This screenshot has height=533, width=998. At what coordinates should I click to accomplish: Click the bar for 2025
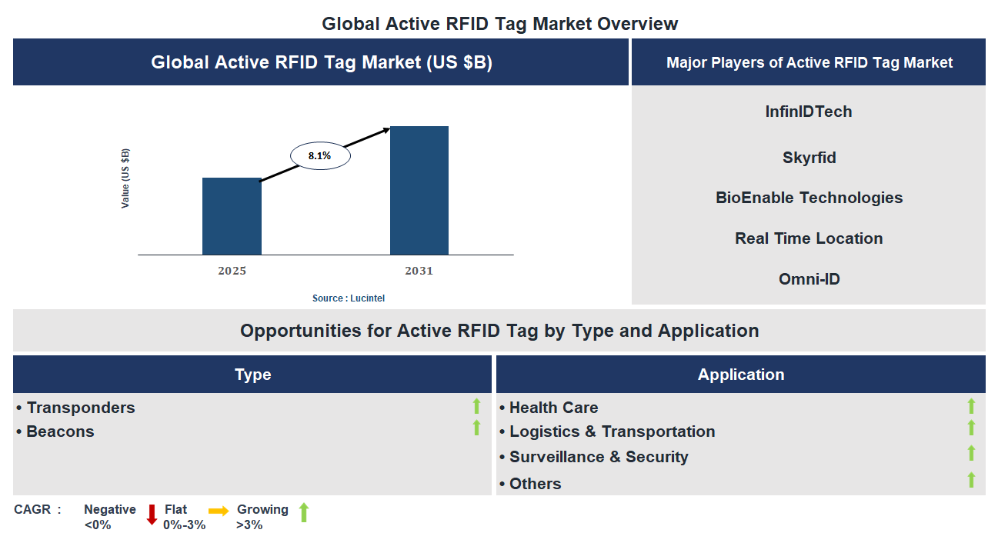[232, 216]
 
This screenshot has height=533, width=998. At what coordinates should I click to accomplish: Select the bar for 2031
[419, 190]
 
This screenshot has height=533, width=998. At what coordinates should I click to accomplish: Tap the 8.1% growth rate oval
[319, 156]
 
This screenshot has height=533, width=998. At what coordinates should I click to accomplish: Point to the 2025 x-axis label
[232, 271]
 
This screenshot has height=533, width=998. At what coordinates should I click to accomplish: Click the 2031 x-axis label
[419, 271]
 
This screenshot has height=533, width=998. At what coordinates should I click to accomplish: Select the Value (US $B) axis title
[125, 178]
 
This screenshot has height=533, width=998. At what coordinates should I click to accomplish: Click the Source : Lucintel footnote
[349, 298]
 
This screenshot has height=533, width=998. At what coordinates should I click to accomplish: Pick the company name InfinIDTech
[809, 112]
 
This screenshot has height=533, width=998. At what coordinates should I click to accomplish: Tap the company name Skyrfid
[809, 158]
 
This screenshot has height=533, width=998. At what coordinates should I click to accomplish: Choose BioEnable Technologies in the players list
[809, 198]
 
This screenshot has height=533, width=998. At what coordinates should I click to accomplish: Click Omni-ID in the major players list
[809, 279]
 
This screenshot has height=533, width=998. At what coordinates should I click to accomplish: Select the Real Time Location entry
[809, 238]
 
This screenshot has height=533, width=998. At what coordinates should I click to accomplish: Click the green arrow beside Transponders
[476, 406]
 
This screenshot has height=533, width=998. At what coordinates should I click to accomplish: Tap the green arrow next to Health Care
[971, 406]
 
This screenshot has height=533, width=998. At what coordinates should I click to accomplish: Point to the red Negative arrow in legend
[152, 515]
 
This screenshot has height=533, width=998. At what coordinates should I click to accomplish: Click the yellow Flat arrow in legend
[219, 511]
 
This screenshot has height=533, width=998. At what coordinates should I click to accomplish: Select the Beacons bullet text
[60, 431]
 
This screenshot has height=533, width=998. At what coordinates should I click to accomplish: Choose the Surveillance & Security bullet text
[599, 457]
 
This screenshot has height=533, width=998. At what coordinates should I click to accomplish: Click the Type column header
[252, 375]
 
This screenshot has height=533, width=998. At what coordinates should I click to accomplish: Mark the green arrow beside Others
[971, 481]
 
